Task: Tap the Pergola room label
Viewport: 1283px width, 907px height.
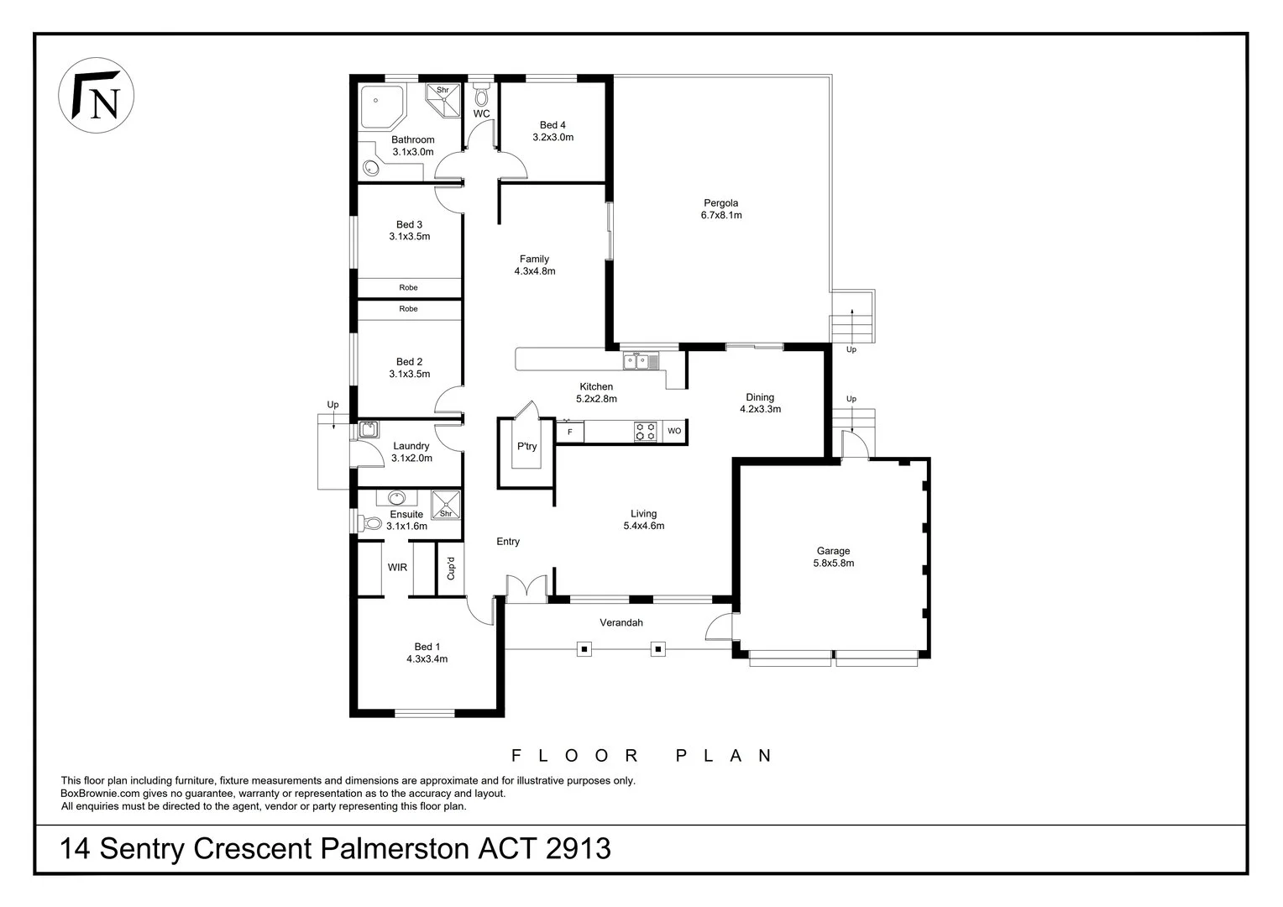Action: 720,202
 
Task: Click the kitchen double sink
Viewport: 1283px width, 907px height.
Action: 641,361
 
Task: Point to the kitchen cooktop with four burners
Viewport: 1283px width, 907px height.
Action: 646,431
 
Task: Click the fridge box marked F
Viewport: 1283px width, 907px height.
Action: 570,432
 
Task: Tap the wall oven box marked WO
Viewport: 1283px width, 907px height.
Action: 674,431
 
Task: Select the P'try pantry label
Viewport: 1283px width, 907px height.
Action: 526,447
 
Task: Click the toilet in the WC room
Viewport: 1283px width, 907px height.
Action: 481,95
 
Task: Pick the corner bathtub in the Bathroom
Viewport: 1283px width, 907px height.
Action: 381,107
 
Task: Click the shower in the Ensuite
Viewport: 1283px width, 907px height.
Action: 445,505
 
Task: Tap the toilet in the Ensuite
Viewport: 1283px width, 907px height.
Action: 369,524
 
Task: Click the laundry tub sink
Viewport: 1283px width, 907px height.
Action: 368,430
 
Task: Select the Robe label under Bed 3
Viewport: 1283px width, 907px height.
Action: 408,287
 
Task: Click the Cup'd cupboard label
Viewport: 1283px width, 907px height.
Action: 451,569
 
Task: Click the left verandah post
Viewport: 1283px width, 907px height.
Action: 584,648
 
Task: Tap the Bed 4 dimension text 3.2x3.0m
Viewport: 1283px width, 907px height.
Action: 552,137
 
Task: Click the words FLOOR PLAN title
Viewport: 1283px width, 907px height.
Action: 641,756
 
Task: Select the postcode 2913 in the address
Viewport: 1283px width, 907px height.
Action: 578,848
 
